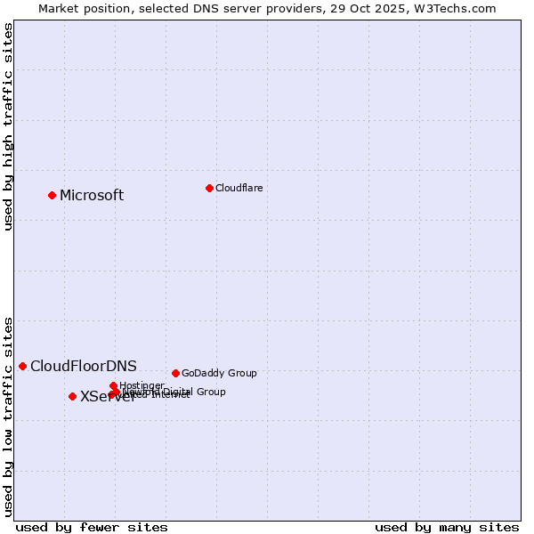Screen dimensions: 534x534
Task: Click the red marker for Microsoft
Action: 52,195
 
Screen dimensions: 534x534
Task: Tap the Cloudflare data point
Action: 209,188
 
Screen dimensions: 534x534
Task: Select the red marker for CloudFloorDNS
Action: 22,366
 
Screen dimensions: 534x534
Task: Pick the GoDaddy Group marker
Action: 175,373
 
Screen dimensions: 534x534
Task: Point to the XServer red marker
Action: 72,396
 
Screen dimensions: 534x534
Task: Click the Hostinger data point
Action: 113,385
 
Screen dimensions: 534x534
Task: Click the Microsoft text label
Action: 91,196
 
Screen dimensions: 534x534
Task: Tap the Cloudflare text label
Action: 239,188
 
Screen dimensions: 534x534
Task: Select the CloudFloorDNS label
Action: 83,366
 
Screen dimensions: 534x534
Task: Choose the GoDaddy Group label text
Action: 218,373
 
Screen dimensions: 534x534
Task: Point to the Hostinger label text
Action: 142,385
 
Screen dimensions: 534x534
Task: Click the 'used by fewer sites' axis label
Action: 91,527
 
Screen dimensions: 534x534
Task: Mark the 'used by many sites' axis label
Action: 446,527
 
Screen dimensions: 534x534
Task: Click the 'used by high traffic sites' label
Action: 8,126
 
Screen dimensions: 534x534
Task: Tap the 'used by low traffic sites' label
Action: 8,417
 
